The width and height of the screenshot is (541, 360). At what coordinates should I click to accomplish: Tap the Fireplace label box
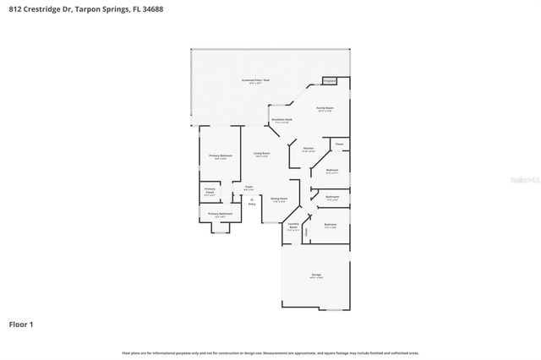click(330, 81)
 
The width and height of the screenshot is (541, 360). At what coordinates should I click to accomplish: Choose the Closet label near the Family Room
click(338, 145)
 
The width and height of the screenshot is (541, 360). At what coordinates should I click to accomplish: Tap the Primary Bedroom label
click(220, 156)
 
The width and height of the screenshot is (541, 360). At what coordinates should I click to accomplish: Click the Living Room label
click(261, 155)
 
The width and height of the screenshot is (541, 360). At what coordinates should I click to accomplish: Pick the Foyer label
click(249, 188)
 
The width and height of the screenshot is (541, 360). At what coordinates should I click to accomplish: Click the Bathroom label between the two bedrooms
click(332, 199)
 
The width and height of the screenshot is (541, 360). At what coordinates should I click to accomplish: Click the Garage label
click(316, 276)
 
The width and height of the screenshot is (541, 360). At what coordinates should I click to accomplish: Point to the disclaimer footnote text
click(270, 352)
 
